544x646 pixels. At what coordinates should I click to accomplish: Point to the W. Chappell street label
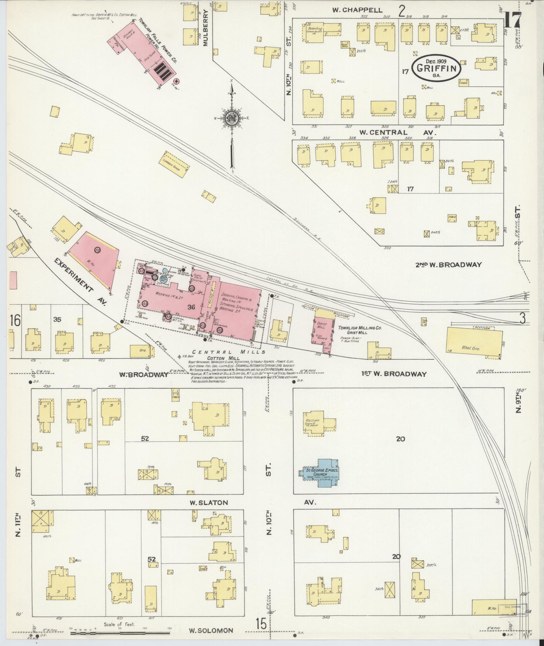357,10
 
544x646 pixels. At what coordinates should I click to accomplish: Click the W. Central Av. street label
398,133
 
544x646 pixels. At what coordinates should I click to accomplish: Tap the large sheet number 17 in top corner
513,21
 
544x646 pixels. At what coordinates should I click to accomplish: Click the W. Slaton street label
208,512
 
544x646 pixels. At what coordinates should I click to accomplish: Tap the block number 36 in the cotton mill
192,307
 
